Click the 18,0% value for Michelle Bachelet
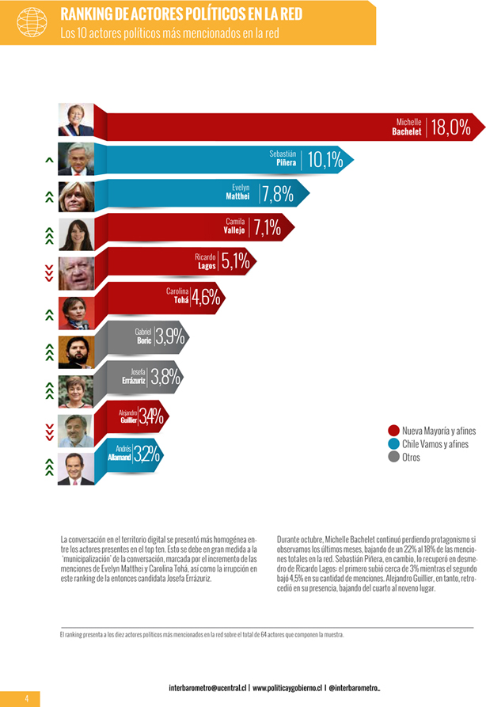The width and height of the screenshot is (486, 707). pos(450,127)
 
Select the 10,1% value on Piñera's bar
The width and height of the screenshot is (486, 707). pos(325,161)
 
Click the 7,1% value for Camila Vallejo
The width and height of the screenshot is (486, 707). pos(267,228)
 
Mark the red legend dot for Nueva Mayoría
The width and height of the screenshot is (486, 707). pos(393,431)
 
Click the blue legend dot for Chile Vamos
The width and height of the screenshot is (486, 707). pos(393,444)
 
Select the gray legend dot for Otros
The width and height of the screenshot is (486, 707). pos(393,457)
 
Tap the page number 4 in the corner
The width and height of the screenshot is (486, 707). pos(26,697)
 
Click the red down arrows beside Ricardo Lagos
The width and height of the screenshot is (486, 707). pos(49,272)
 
